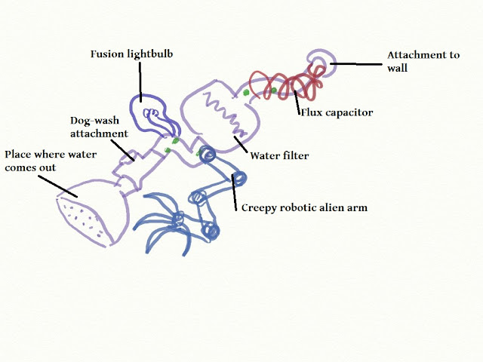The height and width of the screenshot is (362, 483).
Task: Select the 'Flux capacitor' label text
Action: tap(337, 112)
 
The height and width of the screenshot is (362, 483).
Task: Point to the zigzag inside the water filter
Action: tap(226, 113)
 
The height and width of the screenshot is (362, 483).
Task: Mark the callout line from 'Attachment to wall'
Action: tap(355, 65)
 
